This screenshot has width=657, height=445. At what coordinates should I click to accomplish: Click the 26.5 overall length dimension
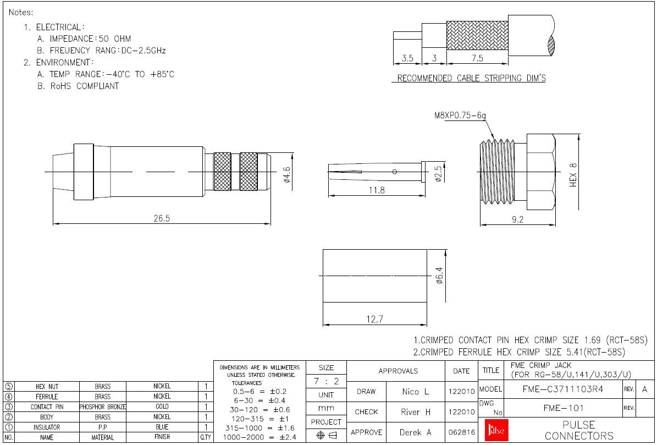pyautogui.click(x=162, y=218)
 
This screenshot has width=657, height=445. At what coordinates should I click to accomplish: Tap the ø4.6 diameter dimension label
pyautogui.click(x=287, y=175)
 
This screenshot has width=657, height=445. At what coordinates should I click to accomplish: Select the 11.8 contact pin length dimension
pyautogui.click(x=377, y=190)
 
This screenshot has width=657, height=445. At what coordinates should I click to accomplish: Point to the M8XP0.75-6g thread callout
pyautogui.click(x=460, y=115)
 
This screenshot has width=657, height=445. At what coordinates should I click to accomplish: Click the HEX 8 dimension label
pyautogui.click(x=573, y=175)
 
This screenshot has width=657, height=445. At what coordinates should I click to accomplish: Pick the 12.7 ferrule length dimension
pyautogui.click(x=374, y=319)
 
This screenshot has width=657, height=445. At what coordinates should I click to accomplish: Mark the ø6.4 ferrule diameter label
pyautogui.click(x=439, y=276)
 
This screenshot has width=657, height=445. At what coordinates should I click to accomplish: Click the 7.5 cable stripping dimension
pyautogui.click(x=478, y=58)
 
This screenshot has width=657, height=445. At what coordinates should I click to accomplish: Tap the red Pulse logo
pyautogui.click(x=496, y=430)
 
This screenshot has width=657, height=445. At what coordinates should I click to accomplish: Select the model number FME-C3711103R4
pyautogui.click(x=563, y=389)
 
